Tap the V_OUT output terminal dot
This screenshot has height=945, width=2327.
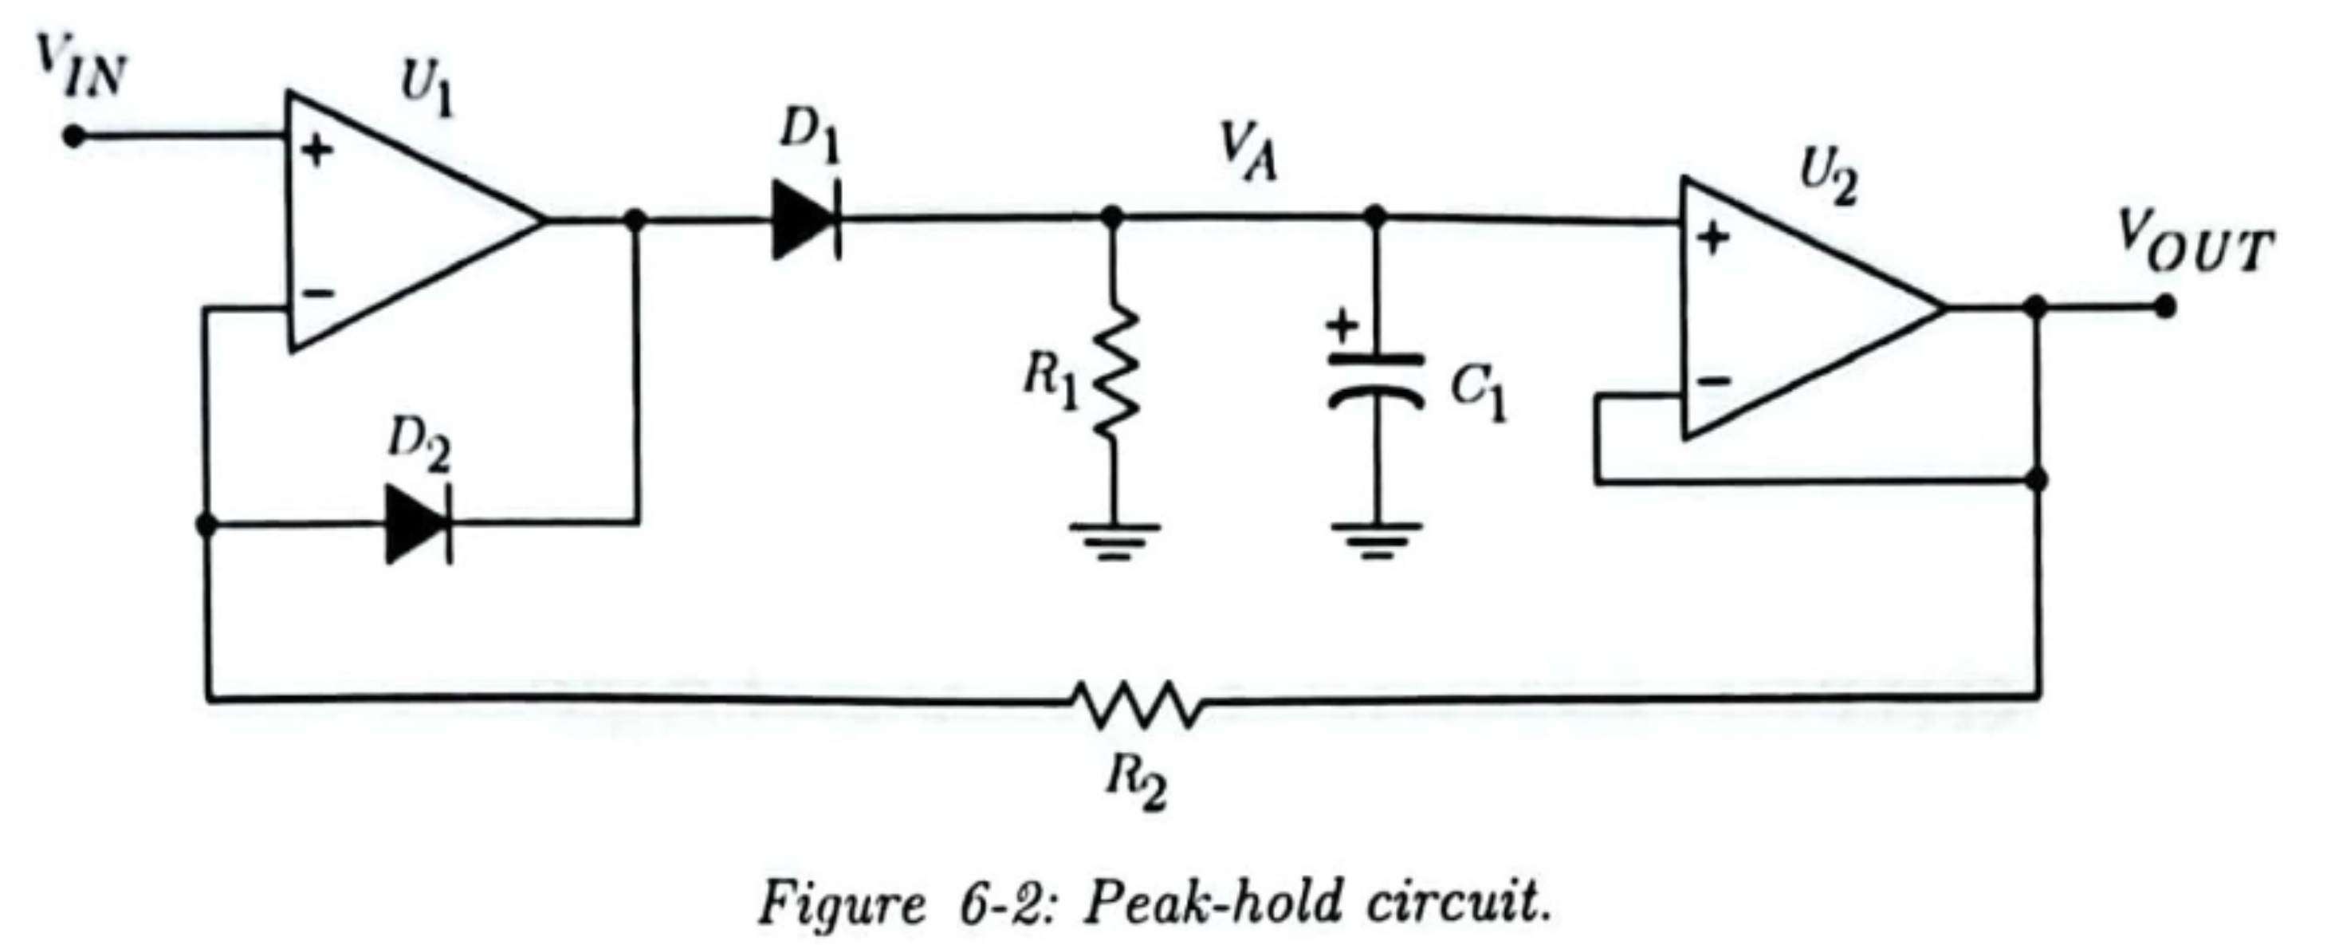(x=2164, y=307)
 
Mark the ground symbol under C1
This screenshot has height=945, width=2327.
(x=1375, y=539)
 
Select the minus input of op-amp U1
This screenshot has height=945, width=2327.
(x=317, y=292)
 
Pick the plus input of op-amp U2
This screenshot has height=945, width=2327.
(x=1712, y=238)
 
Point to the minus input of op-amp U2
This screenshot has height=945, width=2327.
(x=1714, y=381)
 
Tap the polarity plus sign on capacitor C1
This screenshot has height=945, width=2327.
(x=1342, y=325)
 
